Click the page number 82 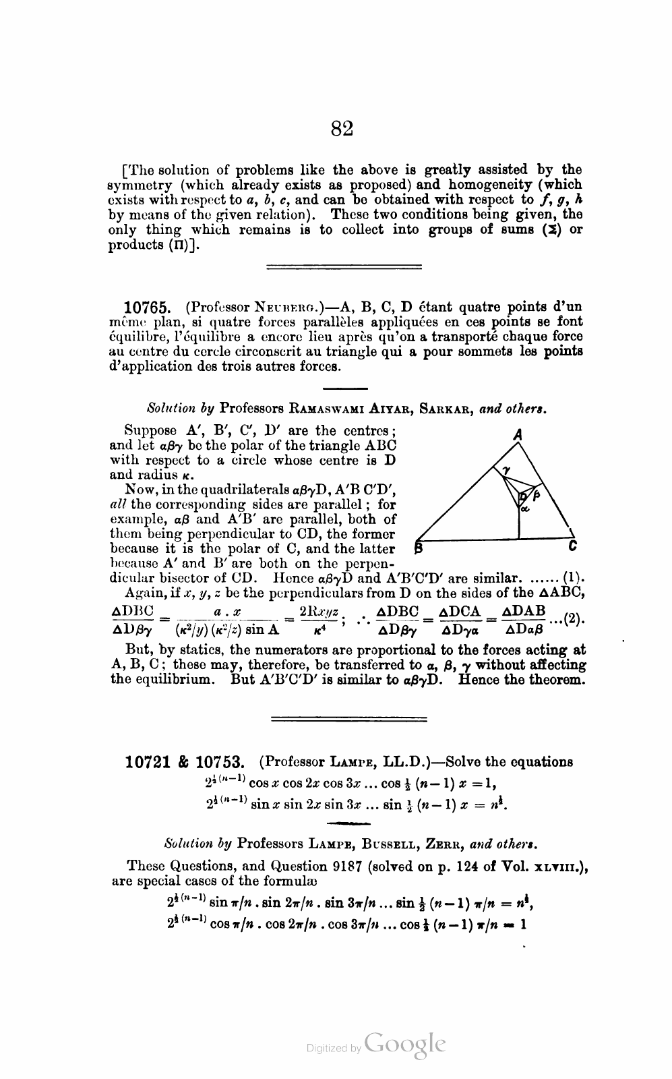pyautogui.click(x=342, y=128)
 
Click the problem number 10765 pyautogui.click(x=152, y=308)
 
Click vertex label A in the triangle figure pyautogui.click(x=518, y=436)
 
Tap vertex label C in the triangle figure pyautogui.click(x=572, y=546)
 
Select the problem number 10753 pyautogui.click(x=220, y=763)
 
